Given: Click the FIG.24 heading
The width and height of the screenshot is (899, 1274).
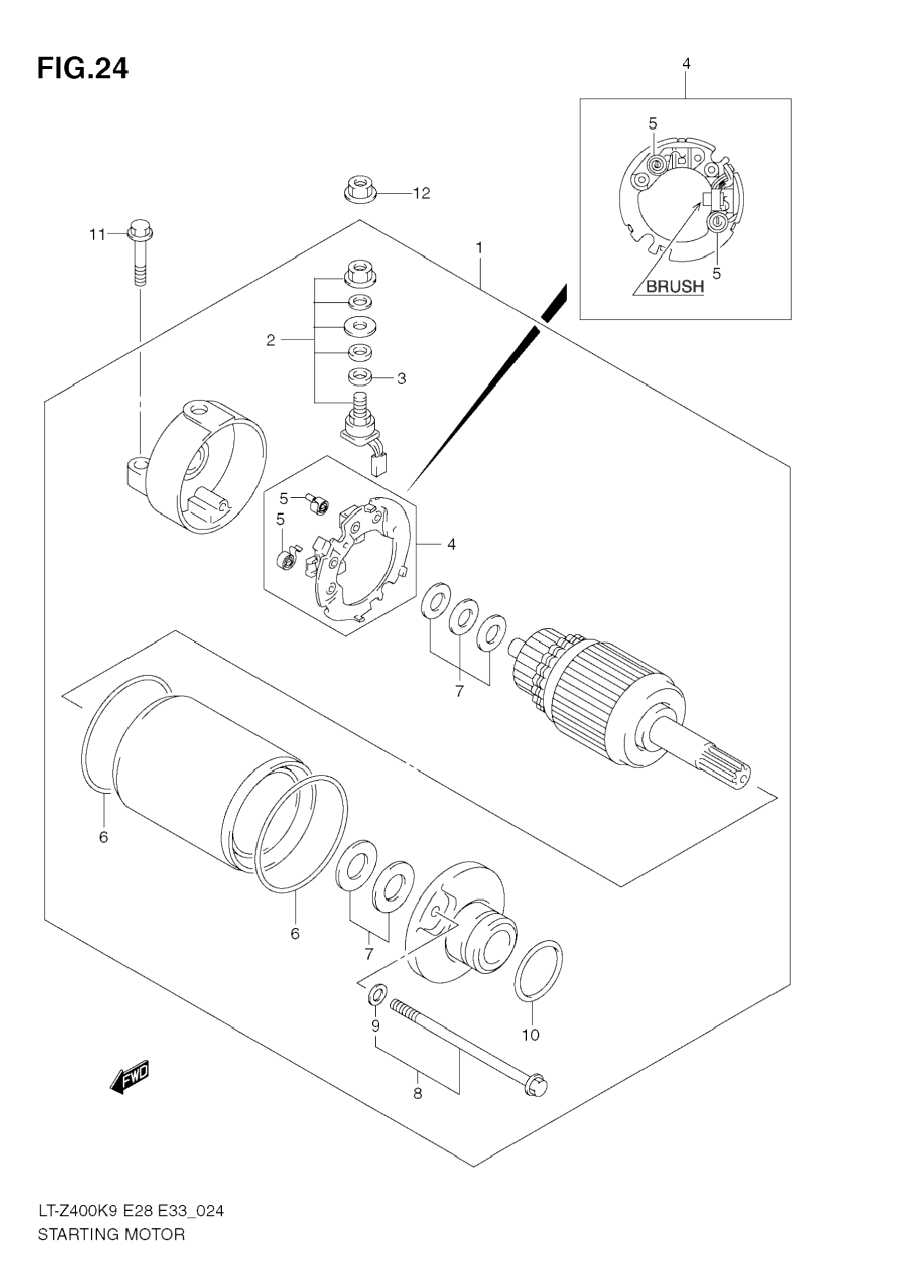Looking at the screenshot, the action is (x=83, y=69).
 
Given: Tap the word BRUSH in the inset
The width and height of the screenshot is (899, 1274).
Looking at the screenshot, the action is (x=675, y=287).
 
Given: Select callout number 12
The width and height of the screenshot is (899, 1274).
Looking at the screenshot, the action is (x=421, y=193).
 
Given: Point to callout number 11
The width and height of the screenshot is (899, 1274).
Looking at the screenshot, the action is (x=97, y=235).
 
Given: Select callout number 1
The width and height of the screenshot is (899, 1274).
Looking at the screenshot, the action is (x=478, y=248).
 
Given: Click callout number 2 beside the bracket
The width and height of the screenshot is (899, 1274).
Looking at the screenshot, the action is (x=271, y=340).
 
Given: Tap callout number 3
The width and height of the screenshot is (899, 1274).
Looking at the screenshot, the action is (x=402, y=379).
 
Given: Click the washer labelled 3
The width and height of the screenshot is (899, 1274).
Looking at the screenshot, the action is (x=360, y=376).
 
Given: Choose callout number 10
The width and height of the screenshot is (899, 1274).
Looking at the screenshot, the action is (x=531, y=1035).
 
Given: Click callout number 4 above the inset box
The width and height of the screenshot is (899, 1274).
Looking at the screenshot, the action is (x=686, y=64).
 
